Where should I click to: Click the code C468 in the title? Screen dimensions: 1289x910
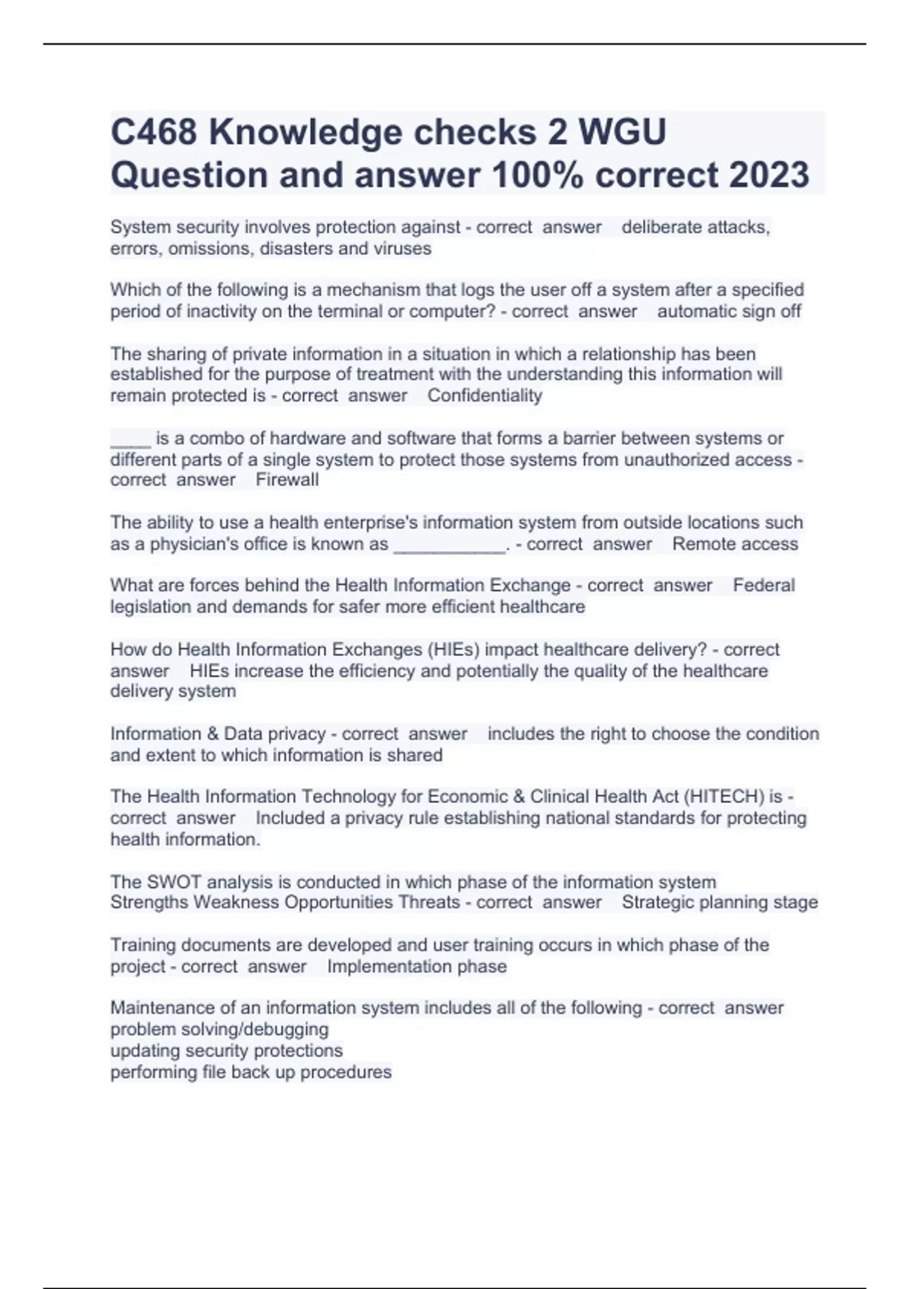coord(154,133)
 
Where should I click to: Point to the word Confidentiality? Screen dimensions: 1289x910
coord(485,396)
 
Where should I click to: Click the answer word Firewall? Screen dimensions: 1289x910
coord(287,480)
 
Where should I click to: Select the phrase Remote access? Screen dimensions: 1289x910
coord(735,544)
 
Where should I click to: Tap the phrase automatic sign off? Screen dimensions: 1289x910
coord(729,312)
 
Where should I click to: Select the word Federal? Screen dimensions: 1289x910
coord(764,585)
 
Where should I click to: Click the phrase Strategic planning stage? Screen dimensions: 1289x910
coord(720,902)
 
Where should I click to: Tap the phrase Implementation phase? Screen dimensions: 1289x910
coord(416,967)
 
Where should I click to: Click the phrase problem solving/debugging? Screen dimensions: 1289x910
coord(219,1030)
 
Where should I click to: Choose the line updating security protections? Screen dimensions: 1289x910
coord(226,1051)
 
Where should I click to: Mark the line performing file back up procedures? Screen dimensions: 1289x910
coord(251,1072)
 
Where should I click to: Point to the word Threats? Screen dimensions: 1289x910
coord(429,902)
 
